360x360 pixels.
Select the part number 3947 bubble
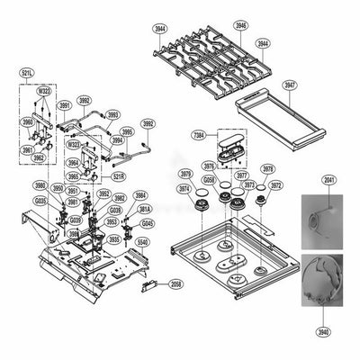point(290,86)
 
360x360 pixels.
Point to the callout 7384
point(198,134)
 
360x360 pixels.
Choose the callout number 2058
point(175,283)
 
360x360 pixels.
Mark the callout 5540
point(142,243)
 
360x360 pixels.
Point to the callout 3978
point(267,168)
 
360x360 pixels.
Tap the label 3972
point(275,185)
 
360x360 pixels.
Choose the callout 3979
point(185,174)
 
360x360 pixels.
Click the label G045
point(147,222)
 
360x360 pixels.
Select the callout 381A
point(144,208)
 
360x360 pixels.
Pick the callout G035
point(40,201)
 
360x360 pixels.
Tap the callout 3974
point(184,189)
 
